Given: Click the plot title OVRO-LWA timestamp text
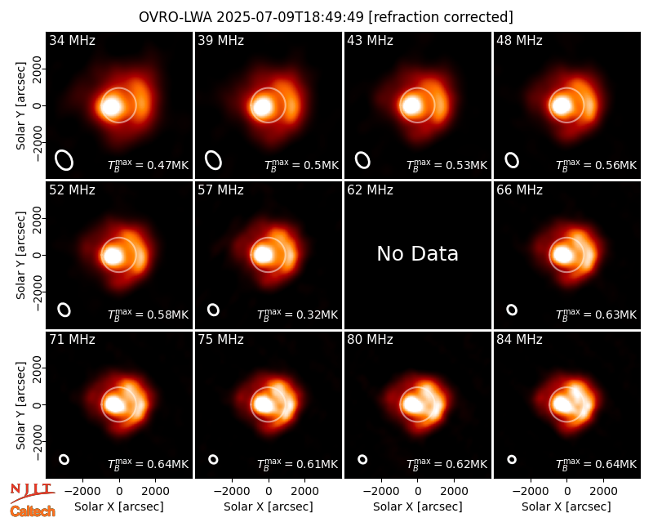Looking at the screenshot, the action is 326,17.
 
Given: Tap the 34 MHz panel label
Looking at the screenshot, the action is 72,40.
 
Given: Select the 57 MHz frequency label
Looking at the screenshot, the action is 220,190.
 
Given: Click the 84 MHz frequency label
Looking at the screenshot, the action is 519,340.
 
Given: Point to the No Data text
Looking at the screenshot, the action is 418,254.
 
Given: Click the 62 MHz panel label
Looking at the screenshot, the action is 371,190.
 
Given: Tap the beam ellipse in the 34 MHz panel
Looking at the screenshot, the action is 64,160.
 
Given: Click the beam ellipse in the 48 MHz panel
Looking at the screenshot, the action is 512,160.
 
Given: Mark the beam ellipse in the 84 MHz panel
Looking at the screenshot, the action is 512,459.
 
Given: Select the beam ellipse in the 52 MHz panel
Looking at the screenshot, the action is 64,310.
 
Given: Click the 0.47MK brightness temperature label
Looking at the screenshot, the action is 149,165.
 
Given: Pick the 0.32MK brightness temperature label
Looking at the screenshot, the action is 297,315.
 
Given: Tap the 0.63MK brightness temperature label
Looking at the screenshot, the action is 597,315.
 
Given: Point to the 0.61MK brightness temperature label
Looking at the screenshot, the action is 297,463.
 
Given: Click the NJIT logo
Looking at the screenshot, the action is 32,492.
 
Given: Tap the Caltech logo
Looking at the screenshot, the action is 33,511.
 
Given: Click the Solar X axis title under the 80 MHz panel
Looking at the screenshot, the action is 418,506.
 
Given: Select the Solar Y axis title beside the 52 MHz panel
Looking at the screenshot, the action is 21,255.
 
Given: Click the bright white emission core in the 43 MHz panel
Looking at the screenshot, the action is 413,105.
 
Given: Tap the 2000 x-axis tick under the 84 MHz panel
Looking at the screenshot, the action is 603,492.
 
